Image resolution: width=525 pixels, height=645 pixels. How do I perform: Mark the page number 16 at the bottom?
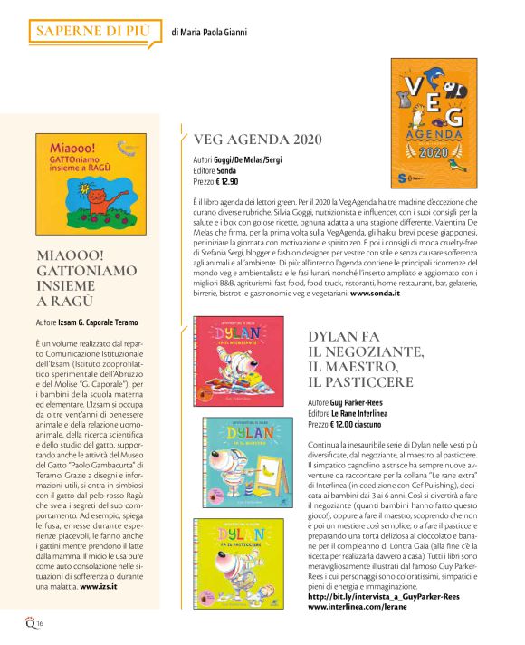[x=41, y=624]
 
